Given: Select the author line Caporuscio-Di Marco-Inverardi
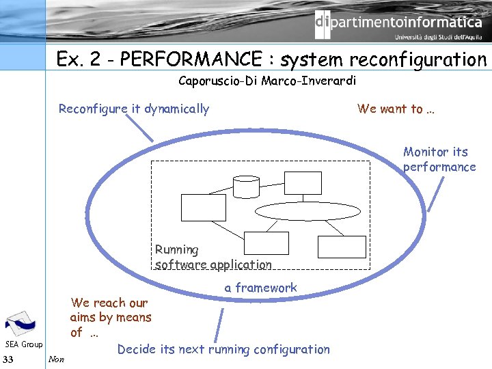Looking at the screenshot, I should [x=267, y=81].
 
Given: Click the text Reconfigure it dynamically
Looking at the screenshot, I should [x=134, y=109].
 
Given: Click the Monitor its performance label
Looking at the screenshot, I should [x=439, y=159].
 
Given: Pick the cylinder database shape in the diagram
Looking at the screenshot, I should [x=246, y=185].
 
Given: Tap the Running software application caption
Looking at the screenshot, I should [x=213, y=257].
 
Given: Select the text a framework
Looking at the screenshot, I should [x=260, y=288].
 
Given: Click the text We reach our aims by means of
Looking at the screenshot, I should [x=110, y=317].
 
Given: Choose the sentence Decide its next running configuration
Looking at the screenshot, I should [x=223, y=349].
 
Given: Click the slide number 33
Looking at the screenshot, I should [x=8, y=359].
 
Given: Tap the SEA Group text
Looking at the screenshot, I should [x=24, y=344].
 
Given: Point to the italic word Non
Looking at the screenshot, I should [x=57, y=359].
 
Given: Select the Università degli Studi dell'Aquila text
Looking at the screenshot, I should [x=437, y=38].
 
